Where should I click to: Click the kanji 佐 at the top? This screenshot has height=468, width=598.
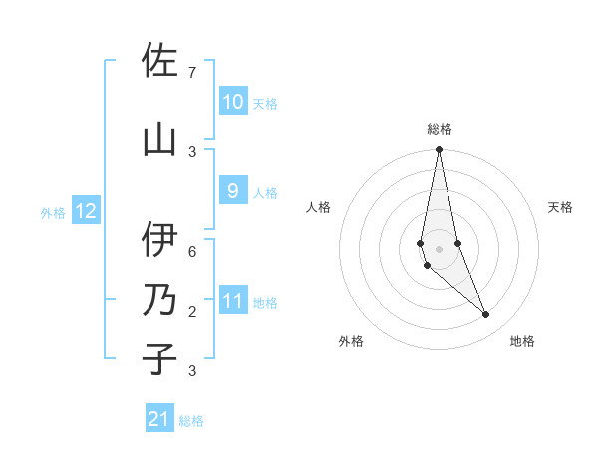[x=159, y=61]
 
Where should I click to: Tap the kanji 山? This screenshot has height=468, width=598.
[x=159, y=139]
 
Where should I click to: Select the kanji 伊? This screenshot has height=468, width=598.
[x=159, y=239]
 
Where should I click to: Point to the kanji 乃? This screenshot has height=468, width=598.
[x=159, y=300]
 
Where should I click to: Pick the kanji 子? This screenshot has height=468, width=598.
[x=159, y=358]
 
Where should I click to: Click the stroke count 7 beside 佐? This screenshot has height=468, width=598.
[x=192, y=72]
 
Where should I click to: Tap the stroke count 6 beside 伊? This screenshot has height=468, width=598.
[x=192, y=251]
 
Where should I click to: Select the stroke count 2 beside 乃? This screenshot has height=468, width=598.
[x=192, y=312]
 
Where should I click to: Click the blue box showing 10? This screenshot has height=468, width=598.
[x=233, y=102]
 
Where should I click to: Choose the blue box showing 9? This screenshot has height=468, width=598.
[x=233, y=191]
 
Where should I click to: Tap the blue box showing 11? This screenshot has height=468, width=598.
[x=233, y=301]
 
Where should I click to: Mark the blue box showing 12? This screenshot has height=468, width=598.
[x=86, y=211]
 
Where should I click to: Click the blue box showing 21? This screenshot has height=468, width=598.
[x=159, y=419]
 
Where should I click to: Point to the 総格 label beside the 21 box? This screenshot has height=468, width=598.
[x=191, y=421]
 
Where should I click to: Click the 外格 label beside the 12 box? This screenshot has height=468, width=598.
[x=53, y=212]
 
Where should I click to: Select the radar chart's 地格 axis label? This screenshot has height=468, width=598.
[x=522, y=342]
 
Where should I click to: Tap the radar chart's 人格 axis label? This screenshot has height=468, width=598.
[x=318, y=207]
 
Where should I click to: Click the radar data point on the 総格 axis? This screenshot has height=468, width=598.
[x=439, y=150]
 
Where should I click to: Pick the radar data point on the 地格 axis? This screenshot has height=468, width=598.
[x=486, y=315]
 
